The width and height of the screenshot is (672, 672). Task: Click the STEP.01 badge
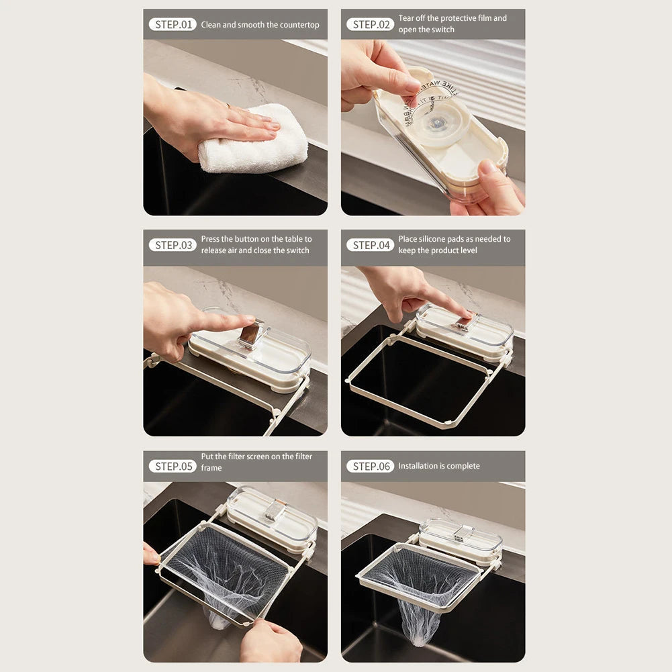(173, 24)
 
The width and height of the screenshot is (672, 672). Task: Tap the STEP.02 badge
(370, 24)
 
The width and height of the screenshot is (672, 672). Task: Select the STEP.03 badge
(173, 245)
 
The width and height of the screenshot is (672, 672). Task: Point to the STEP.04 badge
(370, 245)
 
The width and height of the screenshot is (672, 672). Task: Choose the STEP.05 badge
(173, 466)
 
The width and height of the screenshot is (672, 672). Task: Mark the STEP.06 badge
(370, 466)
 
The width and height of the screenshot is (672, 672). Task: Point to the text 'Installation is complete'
(439, 466)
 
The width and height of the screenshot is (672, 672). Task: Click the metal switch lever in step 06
(462, 533)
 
